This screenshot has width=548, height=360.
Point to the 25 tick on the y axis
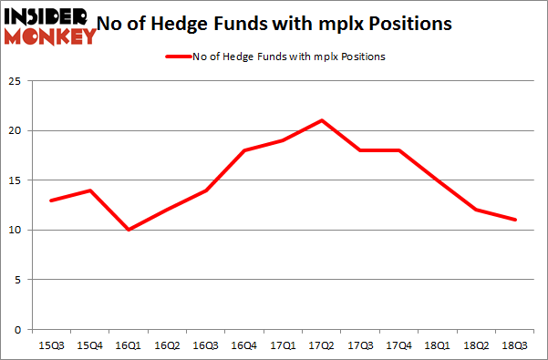(20, 81)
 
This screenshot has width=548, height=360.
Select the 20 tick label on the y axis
(20, 130)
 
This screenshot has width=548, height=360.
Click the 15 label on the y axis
(20, 180)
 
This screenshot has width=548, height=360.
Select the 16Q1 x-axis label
(129, 345)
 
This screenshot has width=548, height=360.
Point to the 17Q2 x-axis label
(322, 345)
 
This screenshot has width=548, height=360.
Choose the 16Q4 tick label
(244, 345)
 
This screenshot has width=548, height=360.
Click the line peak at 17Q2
(322, 120)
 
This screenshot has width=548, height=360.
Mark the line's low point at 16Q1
(129, 230)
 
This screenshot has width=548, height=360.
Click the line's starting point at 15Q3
(51, 200)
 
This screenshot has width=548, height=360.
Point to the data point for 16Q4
(244, 150)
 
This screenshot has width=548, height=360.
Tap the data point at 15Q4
(89, 190)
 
